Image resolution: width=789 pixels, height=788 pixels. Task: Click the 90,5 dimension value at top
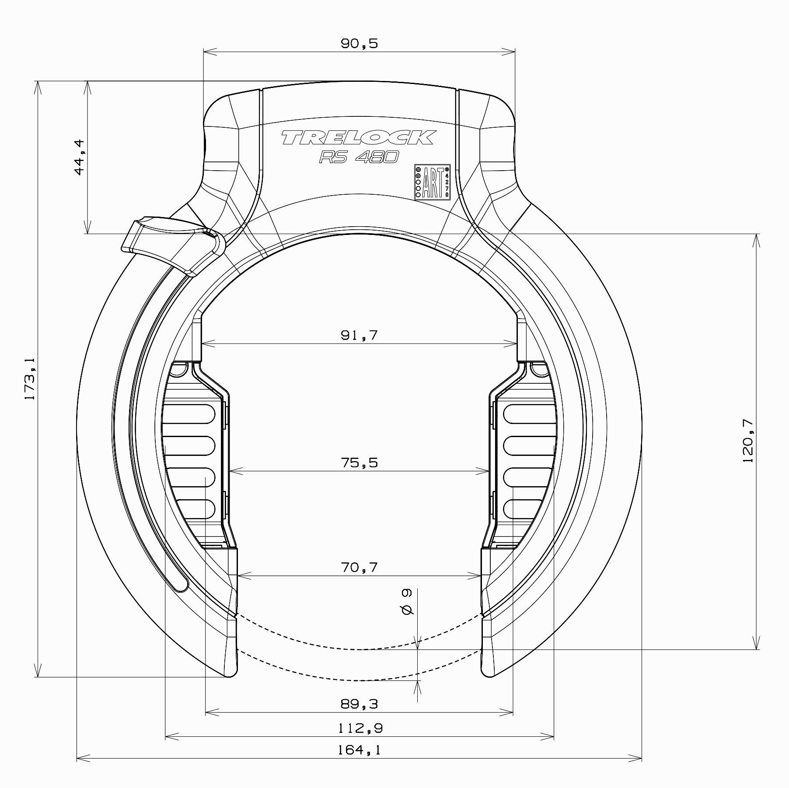pos(359,44)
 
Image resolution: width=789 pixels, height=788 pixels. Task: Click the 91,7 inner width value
pos(359,336)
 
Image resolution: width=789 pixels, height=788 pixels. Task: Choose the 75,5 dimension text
pos(359,462)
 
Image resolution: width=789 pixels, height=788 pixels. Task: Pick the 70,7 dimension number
pos(359,567)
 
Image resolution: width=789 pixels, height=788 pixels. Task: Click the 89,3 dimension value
pos(359,704)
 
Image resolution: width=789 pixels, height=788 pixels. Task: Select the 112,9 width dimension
pos(359,728)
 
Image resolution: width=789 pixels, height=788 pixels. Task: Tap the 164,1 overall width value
pos(359,750)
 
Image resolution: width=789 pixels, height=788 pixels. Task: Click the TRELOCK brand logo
pos(358,138)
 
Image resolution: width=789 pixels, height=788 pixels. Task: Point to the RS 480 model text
pos(359,157)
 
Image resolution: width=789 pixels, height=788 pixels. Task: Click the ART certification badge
pos(432,182)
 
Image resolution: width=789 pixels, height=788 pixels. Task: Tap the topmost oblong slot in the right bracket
pos(531,413)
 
